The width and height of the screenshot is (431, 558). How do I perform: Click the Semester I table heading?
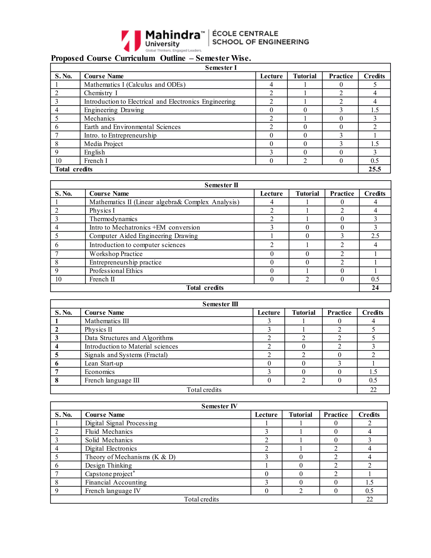pyautogui.click(x=221, y=68)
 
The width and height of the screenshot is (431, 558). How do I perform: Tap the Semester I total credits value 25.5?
pyautogui.click(x=374, y=169)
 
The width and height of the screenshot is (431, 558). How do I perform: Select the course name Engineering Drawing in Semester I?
pyautogui.click(x=114, y=110)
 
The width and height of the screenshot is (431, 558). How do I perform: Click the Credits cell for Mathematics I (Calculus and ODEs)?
pyautogui.click(x=374, y=85)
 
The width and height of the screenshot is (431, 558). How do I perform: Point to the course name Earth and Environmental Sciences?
pyautogui.click(x=132, y=127)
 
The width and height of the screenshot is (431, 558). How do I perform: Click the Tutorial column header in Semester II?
pyautogui.click(x=307, y=194)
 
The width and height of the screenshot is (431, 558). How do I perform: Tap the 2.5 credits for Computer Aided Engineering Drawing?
pyautogui.click(x=375, y=236)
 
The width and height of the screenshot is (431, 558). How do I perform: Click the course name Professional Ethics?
pyautogui.click(x=116, y=271)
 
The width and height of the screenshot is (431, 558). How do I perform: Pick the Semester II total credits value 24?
pyautogui.click(x=375, y=288)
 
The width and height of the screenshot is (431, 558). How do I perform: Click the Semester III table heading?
pyautogui.click(x=220, y=304)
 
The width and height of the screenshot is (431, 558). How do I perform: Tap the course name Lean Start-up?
pyautogui.click(x=104, y=363)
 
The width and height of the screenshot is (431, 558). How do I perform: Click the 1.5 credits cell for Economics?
pyautogui.click(x=373, y=372)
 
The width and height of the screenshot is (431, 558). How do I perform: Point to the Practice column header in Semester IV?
pyautogui.click(x=335, y=414)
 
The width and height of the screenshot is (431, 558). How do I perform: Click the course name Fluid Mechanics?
pyautogui.click(x=109, y=431)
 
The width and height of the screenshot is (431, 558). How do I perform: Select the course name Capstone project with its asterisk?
pyautogui.click(x=110, y=474)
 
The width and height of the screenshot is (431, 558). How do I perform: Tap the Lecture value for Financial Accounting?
pyautogui.click(x=266, y=482)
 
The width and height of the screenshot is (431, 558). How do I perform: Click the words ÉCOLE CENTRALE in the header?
pyautogui.click(x=245, y=34)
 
